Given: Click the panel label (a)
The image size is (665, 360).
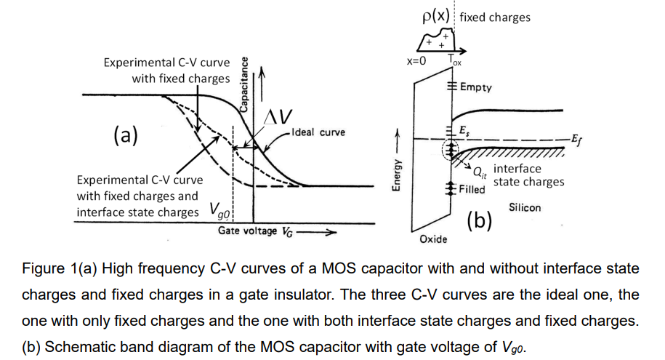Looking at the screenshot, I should (x=126, y=135).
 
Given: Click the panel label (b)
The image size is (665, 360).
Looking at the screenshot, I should (x=479, y=220).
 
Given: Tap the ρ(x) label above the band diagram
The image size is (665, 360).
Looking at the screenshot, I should (x=436, y=16).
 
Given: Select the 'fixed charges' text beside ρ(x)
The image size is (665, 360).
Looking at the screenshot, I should (x=495, y=17).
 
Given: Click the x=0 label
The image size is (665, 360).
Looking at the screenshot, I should (x=416, y=60).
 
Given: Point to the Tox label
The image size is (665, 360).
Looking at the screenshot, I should (x=454, y=60).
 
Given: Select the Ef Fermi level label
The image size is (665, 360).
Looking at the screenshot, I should (x=576, y=137).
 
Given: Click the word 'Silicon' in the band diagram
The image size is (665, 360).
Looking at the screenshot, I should (x=525, y=207).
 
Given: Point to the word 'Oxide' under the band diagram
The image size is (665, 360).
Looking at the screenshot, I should (x=433, y=239).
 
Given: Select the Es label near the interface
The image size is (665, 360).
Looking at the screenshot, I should (x=464, y=130).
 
